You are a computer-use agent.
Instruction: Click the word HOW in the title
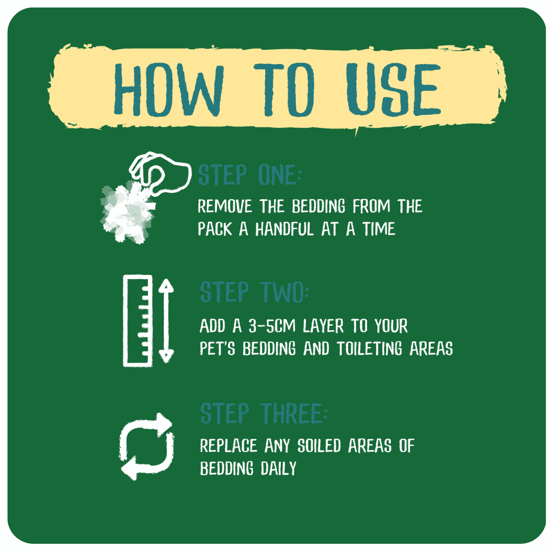[x=168, y=90]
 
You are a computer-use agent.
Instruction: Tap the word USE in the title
[x=393, y=90]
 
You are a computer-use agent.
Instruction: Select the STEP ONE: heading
[x=250, y=175]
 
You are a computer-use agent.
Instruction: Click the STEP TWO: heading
[x=254, y=292]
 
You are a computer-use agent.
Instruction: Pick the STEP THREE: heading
[x=264, y=413]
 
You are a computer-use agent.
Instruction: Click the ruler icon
[x=138, y=321]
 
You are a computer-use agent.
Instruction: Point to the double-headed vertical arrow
[x=166, y=321]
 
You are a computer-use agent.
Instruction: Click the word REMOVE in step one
[x=225, y=206]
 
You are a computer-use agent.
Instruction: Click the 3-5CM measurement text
[x=272, y=326]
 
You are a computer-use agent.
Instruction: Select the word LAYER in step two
[x=323, y=326]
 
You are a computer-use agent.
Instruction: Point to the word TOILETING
[x=369, y=349]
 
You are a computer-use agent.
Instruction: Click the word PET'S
[x=217, y=349]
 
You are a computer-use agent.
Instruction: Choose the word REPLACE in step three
[x=228, y=446]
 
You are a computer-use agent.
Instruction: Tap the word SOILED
[x=319, y=446]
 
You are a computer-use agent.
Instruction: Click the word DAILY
[x=278, y=469]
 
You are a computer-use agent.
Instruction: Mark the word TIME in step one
[x=379, y=229]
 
